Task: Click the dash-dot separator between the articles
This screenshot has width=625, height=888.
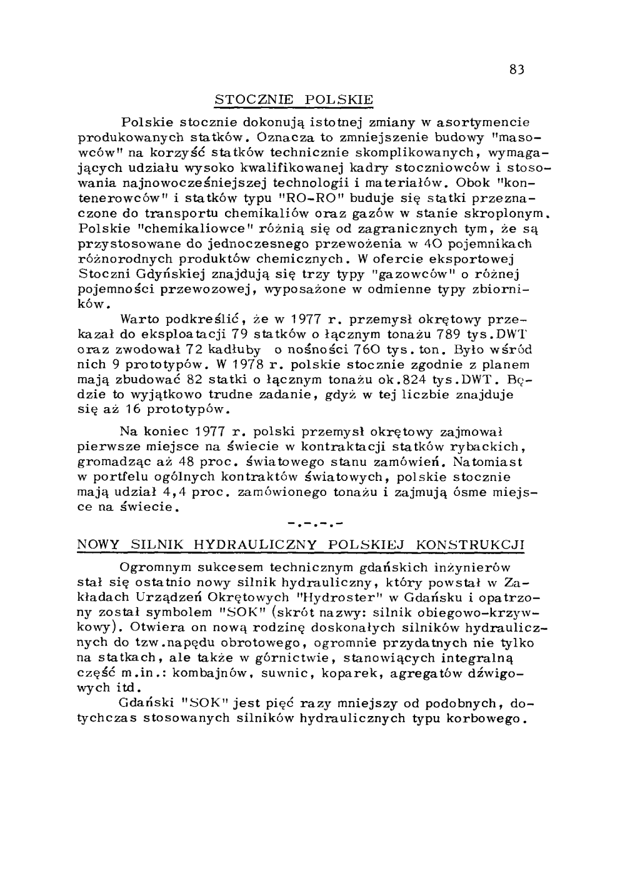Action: point(316,522)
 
